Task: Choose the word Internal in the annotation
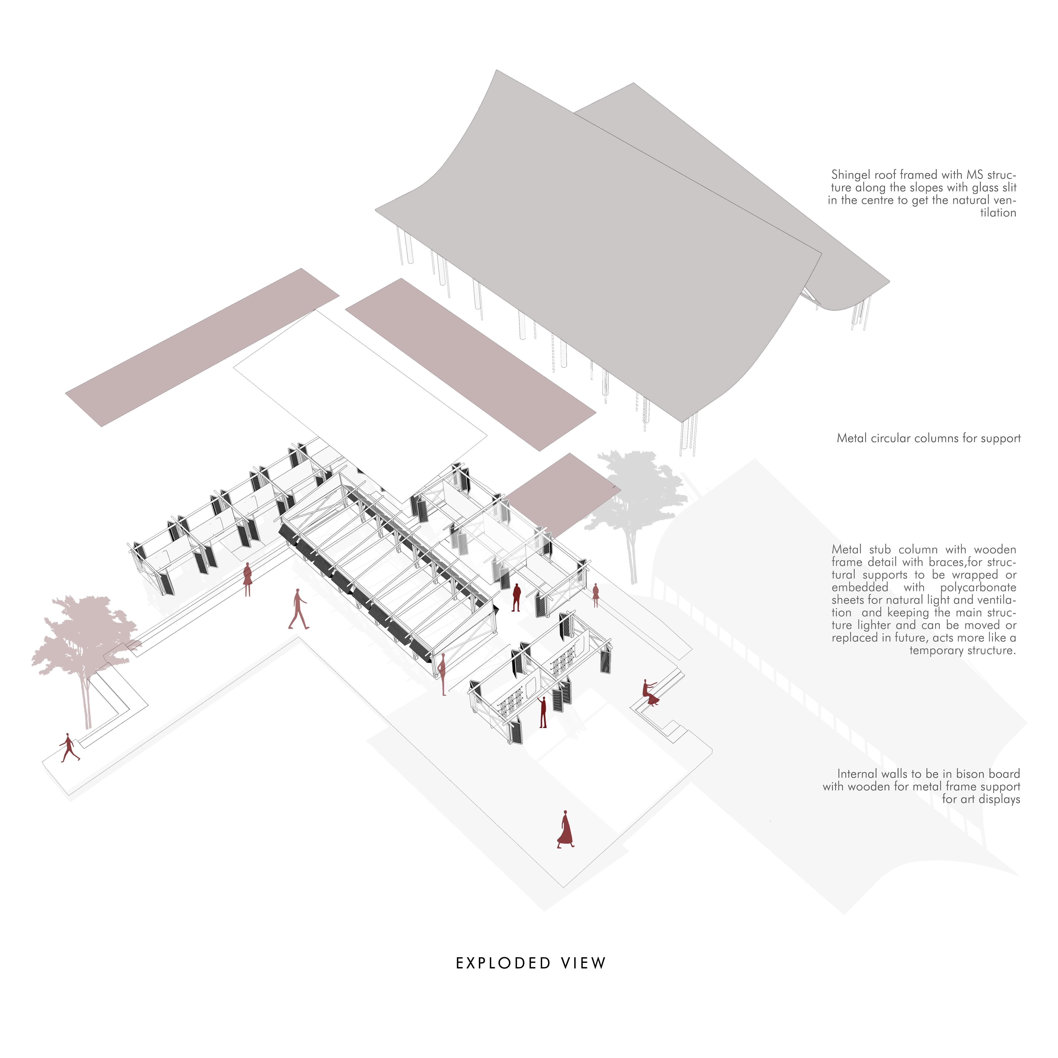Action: pos(858,774)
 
